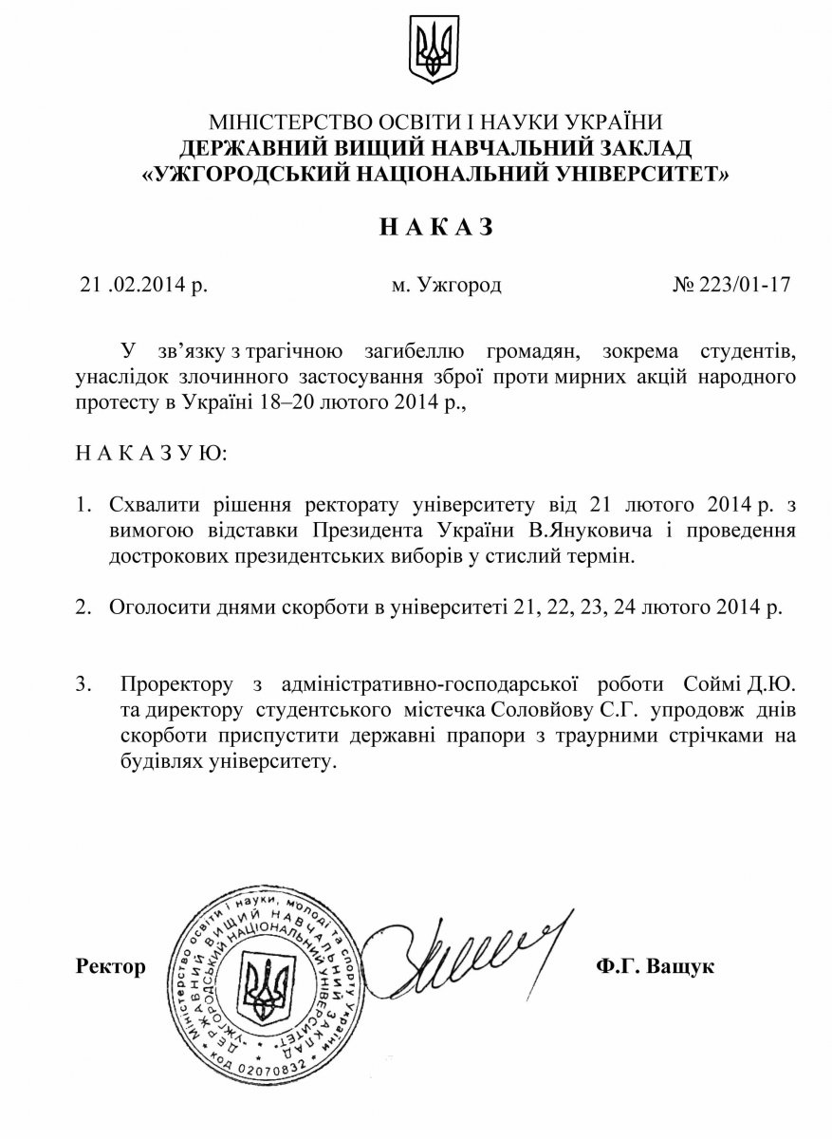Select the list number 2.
(x=84, y=606)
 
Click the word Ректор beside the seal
(x=111, y=967)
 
